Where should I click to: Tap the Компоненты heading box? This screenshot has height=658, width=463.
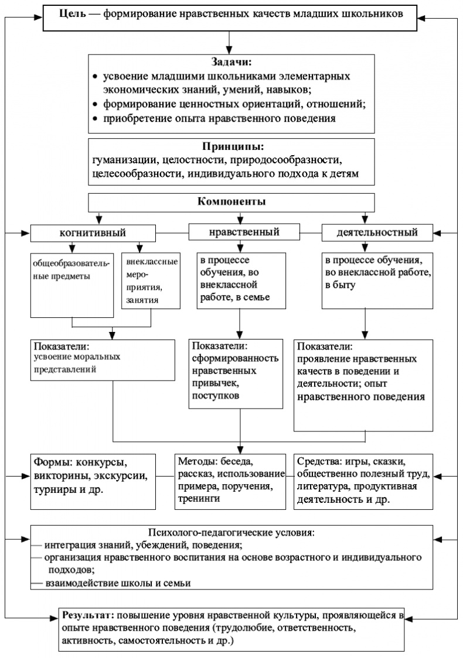point(231,202)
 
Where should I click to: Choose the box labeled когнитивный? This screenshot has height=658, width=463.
point(93,232)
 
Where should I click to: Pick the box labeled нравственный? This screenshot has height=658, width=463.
point(243,232)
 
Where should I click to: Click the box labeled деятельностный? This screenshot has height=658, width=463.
point(377,232)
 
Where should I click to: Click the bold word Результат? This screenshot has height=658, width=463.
point(88,617)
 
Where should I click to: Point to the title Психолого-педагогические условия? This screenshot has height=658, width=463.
point(231,533)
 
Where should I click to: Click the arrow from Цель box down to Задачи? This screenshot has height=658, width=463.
point(231,43)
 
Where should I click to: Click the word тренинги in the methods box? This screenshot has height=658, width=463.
point(200,499)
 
